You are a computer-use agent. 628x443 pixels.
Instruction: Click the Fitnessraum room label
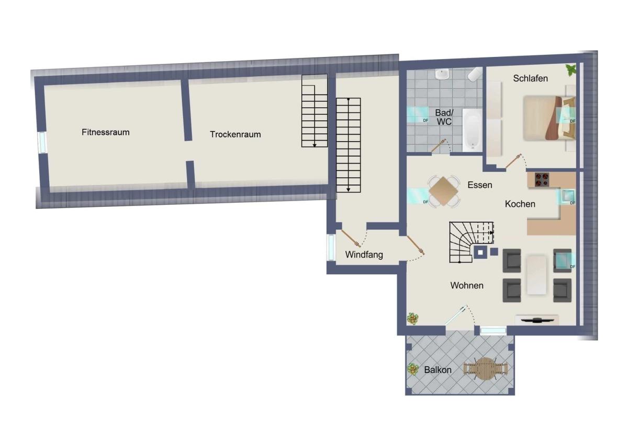[105, 132]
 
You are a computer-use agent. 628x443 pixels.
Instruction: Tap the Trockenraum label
[235, 134]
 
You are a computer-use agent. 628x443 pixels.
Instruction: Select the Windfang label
[364, 254]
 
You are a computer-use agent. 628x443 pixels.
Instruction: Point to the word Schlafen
[531, 78]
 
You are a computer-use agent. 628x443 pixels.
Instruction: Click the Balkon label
[438, 370]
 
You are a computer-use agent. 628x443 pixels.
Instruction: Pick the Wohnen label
[467, 285]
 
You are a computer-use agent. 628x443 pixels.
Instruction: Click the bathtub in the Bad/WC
[473, 130]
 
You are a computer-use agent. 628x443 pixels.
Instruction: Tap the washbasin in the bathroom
[442, 74]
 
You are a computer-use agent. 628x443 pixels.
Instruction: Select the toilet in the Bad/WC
[475, 74]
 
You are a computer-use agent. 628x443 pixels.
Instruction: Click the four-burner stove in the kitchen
[542, 180]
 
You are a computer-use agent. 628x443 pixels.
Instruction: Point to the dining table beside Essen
[443, 191]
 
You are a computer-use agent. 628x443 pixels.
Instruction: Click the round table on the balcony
[485, 369]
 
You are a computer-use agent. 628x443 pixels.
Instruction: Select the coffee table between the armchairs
[536, 275]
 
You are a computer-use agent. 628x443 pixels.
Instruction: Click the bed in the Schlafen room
[549, 118]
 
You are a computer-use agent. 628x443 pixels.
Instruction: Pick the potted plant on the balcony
[412, 369]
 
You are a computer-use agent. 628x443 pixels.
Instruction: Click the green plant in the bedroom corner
[571, 69]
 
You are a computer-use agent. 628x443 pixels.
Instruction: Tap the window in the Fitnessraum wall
[42, 143]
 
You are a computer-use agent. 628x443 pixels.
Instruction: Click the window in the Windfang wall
[331, 248]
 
